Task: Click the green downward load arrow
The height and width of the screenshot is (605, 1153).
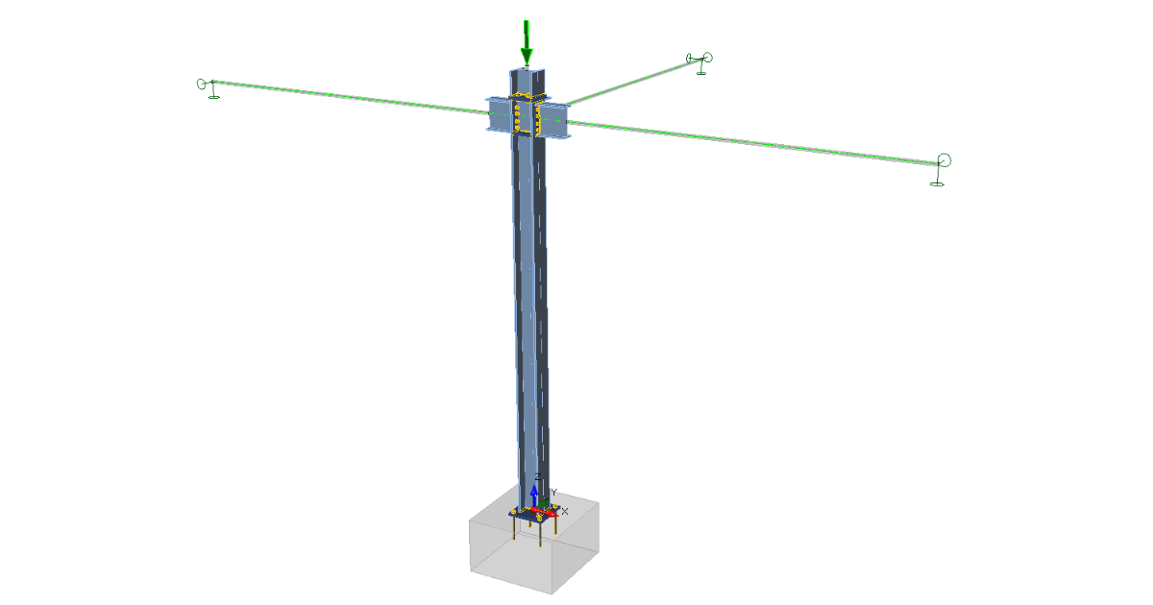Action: pos(527,43)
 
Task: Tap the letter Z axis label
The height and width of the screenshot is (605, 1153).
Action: pos(537,477)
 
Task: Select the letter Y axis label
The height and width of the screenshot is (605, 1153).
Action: pos(553,493)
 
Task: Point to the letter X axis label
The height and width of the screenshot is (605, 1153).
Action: pos(565,511)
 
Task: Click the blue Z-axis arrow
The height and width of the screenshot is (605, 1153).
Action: pos(534,496)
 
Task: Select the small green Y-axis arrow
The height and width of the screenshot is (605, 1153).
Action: pos(544,502)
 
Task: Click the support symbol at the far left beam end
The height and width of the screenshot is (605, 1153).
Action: pos(208,88)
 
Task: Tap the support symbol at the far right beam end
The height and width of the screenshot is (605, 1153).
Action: pos(941,170)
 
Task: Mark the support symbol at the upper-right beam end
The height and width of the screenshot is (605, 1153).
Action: pos(700,62)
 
